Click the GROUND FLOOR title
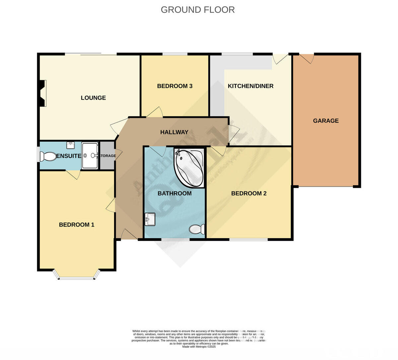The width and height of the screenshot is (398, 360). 198,10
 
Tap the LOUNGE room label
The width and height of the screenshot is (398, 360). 93,98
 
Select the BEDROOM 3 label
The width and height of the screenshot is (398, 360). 174,86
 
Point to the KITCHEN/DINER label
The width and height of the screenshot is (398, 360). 250,86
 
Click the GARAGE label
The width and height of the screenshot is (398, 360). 326,121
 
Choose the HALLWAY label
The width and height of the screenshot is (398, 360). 174,132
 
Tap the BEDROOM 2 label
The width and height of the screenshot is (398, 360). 249,193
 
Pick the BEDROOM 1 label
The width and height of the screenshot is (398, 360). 77,225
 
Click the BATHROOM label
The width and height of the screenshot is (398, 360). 174,193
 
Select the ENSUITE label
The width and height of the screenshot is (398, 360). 69,156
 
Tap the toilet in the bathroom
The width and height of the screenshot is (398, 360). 197,229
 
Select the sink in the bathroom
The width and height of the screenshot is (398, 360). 150,219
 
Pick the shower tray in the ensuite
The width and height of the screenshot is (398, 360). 90,155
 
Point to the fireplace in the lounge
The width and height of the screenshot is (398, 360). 42,93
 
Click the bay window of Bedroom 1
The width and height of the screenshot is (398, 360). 77,276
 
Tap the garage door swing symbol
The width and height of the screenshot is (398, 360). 307,58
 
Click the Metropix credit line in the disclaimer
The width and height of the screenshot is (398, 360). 199,346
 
